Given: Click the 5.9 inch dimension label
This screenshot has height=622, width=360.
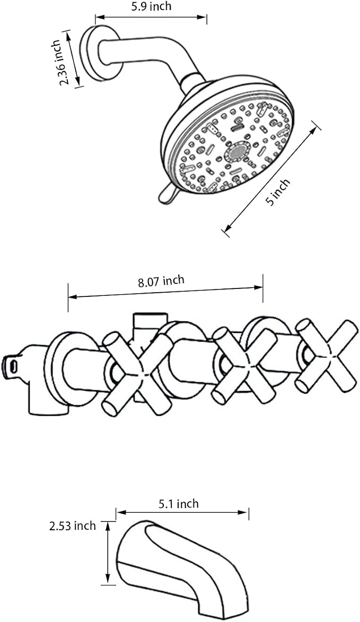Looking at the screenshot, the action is click(x=152, y=6).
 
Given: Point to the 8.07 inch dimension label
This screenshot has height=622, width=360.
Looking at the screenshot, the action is click(x=161, y=282).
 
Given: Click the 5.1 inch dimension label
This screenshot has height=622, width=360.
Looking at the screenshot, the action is click(x=179, y=504).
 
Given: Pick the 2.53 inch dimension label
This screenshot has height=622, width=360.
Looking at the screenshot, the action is click(x=73, y=526).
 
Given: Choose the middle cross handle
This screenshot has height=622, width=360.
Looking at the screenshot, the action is click(x=244, y=367).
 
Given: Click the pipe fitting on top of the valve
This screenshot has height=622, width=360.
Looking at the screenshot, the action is click(x=150, y=323).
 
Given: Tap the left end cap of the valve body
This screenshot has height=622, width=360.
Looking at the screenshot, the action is click(x=10, y=365).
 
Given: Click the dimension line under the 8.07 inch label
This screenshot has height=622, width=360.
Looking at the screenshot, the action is click(x=165, y=292).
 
